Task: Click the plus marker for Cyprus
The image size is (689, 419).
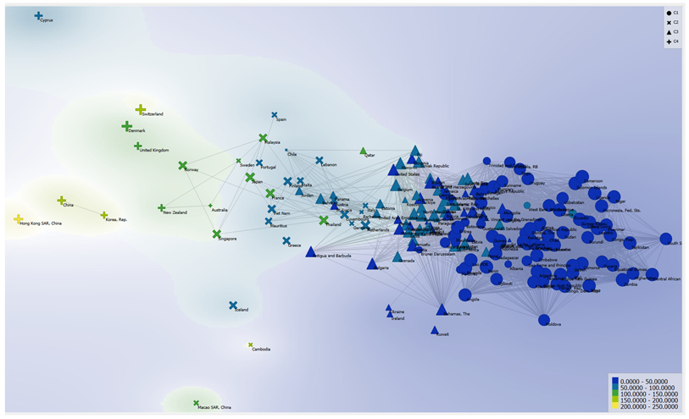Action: (x=38, y=15)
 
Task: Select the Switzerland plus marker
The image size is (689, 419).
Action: (x=141, y=109)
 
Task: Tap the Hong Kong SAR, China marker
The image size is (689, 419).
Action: (x=19, y=219)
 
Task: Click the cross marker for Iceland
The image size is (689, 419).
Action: (x=233, y=306)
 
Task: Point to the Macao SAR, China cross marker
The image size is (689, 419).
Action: (x=196, y=403)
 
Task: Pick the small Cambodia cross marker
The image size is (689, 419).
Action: (x=251, y=345)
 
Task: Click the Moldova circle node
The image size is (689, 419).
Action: (x=544, y=319)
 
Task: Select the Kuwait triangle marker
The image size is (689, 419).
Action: (x=435, y=330)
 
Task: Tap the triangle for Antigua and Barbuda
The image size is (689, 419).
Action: (x=311, y=251)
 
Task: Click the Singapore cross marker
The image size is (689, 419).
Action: (x=216, y=234)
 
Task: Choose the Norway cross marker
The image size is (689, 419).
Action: (x=182, y=165)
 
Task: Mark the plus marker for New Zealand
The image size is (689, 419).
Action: (x=161, y=207)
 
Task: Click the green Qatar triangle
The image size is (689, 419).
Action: (x=364, y=151)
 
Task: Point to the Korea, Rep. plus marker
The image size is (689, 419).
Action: (x=104, y=215)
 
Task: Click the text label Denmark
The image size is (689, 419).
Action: (x=136, y=131)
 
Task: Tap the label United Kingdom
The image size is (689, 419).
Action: (x=153, y=151)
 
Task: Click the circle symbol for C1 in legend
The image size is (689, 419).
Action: (x=669, y=14)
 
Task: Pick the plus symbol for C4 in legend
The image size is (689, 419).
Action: (x=669, y=41)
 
